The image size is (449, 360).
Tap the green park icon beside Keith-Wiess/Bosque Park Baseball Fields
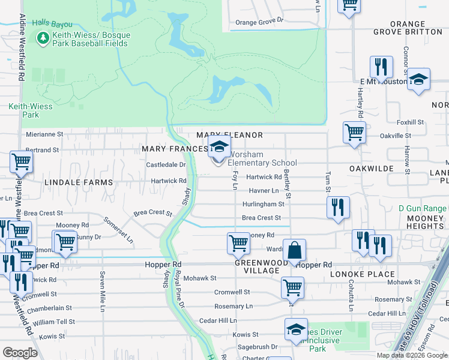(43, 38)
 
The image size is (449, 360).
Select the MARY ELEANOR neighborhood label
(230, 136)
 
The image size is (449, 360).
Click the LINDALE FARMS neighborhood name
(78, 182)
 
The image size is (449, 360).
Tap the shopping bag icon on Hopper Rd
(295, 251)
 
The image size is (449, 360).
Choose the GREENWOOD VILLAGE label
(258, 266)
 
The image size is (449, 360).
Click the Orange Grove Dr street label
(259, 22)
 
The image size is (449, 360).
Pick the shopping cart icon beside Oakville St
(354, 132)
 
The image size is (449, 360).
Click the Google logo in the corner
(20, 353)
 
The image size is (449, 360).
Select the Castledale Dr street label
(166, 164)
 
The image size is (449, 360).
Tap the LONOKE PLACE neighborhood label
(361, 274)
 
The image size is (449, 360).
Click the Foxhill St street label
(411, 122)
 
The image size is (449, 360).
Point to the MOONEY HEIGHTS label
(425, 222)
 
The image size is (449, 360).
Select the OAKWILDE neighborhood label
(372, 169)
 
